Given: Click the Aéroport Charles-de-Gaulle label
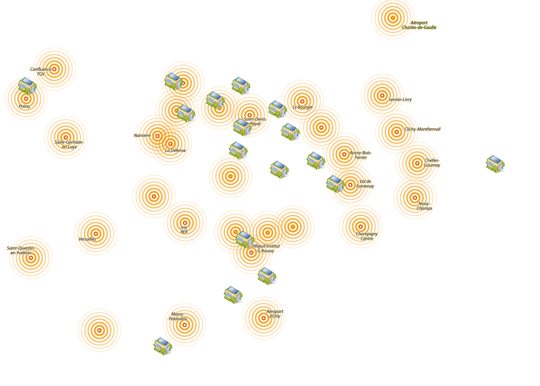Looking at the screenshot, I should [x=419, y=25].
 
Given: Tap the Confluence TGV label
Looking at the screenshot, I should [x=41, y=72].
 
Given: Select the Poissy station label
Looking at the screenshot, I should [x=24, y=106].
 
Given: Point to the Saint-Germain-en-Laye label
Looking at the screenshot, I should [x=69, y=145].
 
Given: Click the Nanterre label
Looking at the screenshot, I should [x=142, y=136].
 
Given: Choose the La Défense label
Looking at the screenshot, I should [x=176, y=151].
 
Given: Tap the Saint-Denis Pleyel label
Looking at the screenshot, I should [x=255, y=121].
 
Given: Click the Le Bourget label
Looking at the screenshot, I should [x=303, y=107].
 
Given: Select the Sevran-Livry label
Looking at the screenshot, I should [x=400, y=100].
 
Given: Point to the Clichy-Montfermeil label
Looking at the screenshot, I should [x=422, y=129].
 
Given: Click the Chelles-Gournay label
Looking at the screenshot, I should [x=432, y=163].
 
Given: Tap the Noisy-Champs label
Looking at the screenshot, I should [x=424, y=206].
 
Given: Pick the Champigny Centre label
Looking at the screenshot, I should [x=367, y=236].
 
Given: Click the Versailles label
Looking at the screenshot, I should [x=87, y=239].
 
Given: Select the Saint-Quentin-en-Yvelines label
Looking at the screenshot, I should [x=21, y=250].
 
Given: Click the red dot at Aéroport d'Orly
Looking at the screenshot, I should [x=264, y=318].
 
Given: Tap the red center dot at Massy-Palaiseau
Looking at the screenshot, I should [x=185, y=325].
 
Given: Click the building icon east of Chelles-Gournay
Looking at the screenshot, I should [x=495, y=164].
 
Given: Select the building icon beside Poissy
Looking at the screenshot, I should [x=27, y=86].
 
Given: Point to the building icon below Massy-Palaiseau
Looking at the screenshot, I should [x=163, y=346].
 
